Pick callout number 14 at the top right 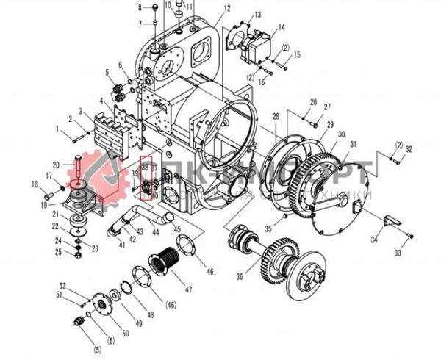tap(281, 29)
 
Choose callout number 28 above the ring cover tap(276, 118)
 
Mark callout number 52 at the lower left tap(62, 285)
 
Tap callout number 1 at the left tap(57, 129)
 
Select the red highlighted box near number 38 tap(146, 179)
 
